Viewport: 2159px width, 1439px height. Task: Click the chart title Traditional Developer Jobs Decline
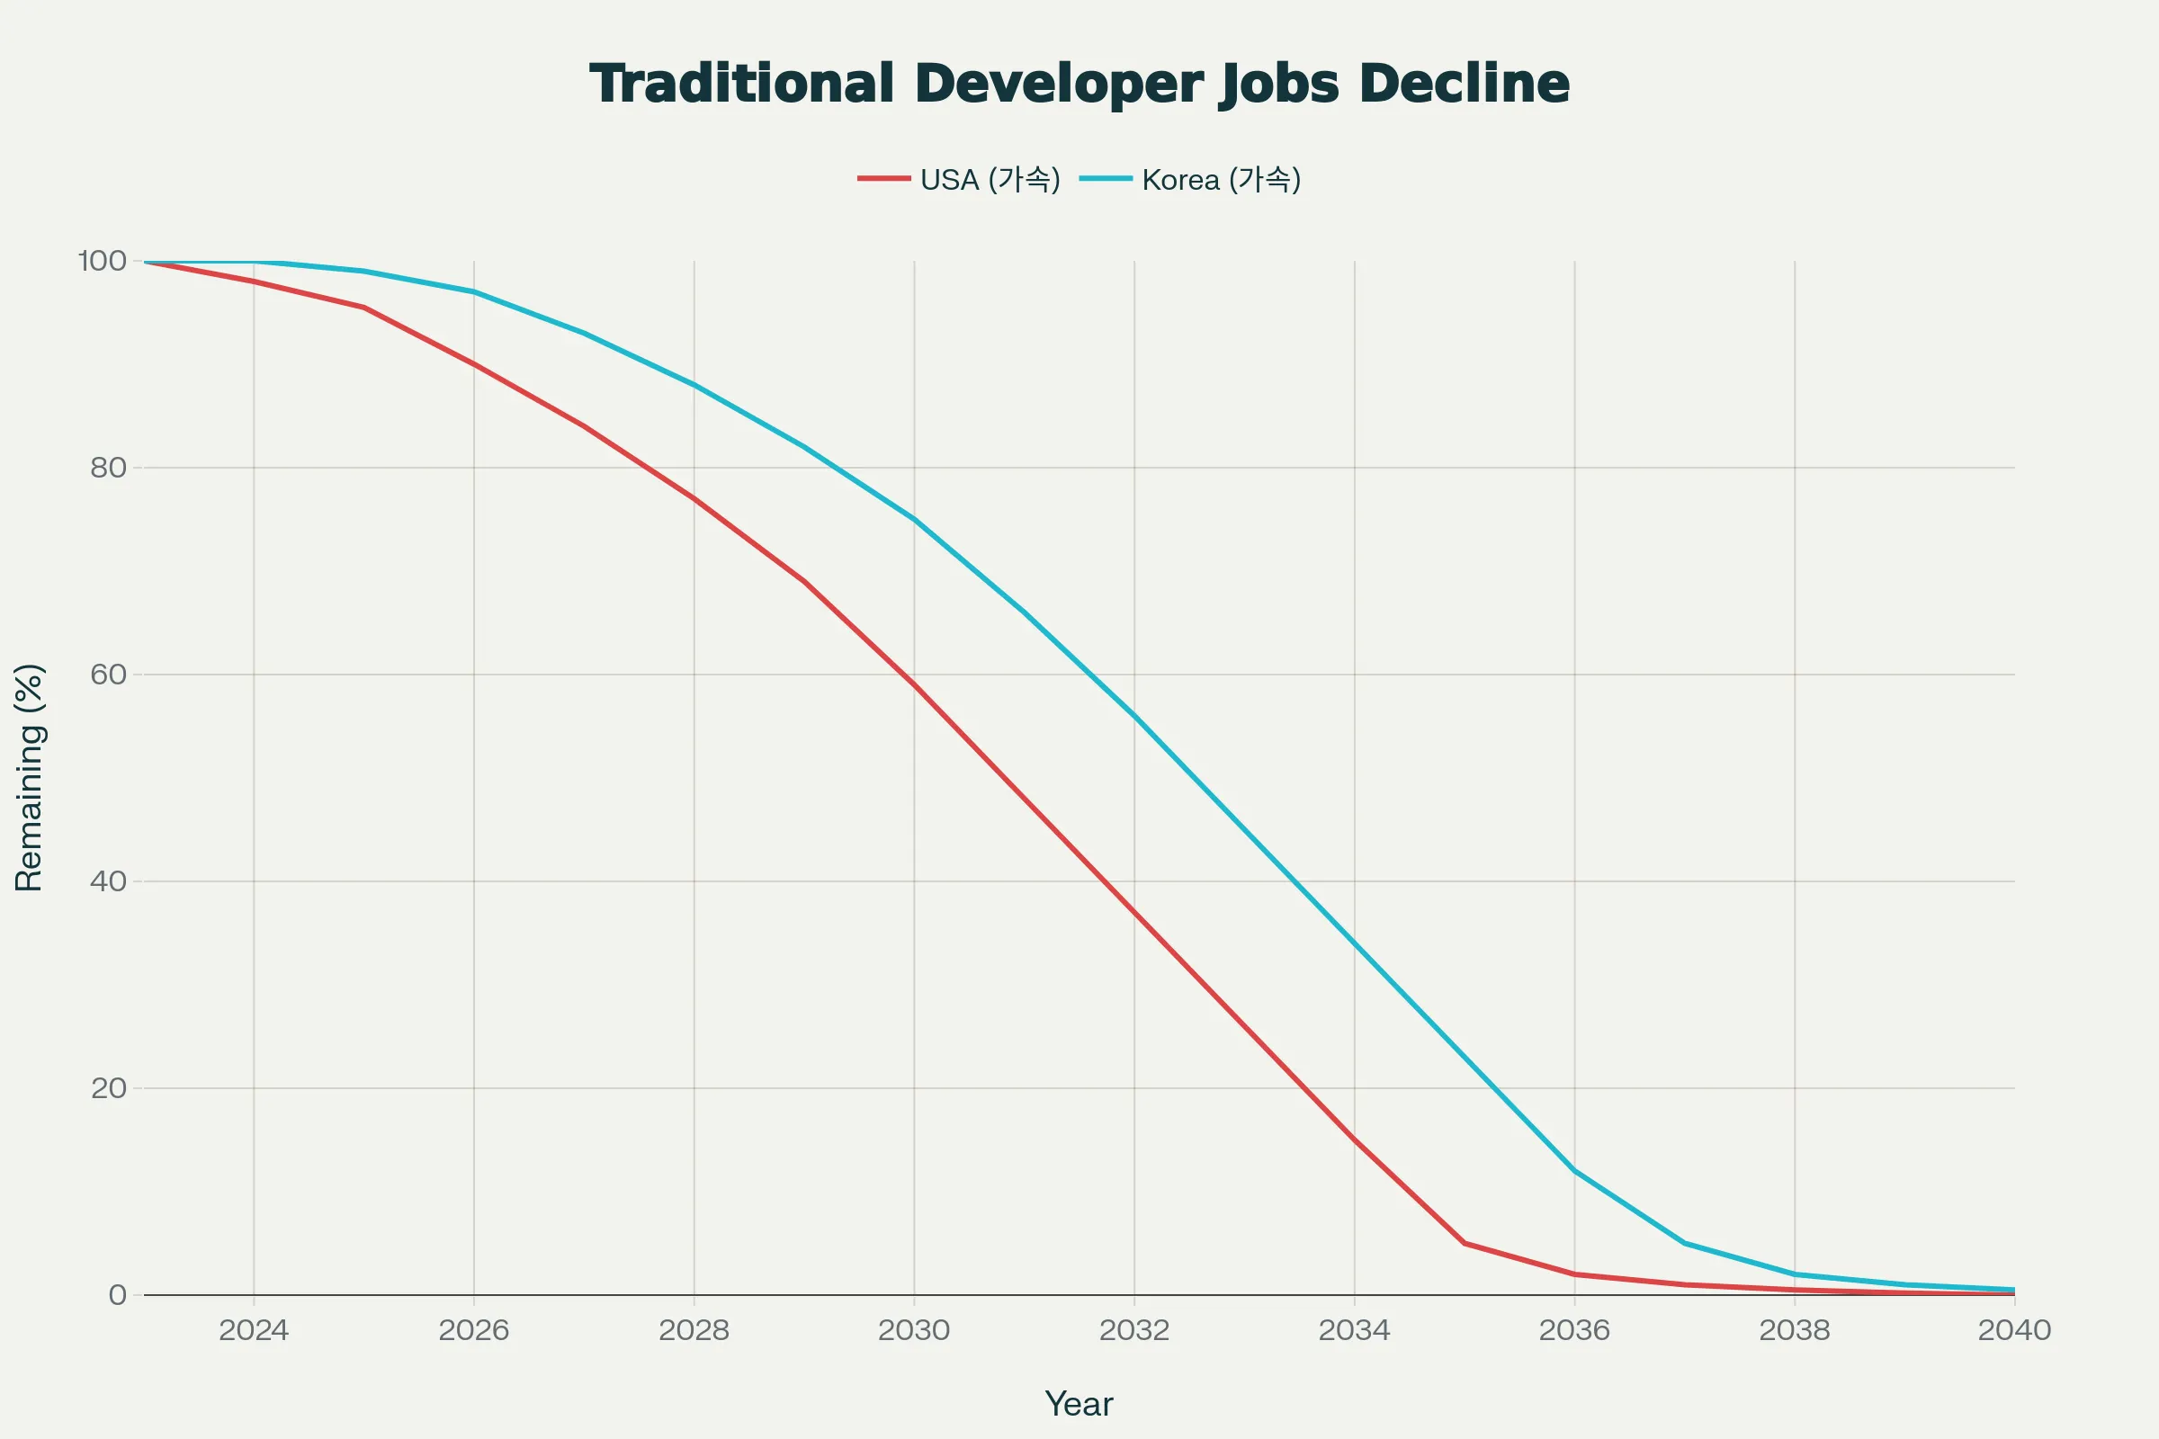[x=1079, y=84]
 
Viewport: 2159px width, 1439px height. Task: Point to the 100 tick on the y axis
[x=102, y=262]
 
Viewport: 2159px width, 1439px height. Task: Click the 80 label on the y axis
[x=108, y=468]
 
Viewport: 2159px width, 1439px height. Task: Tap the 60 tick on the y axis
[x=108, y=675]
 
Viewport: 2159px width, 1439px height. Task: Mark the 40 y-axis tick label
[x=108, y=882]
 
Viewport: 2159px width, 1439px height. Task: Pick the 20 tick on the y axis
[x=108, y=1088]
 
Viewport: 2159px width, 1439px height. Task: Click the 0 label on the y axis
[x=118, y=1295]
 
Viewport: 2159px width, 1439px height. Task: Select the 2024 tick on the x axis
[x=254, y=1330]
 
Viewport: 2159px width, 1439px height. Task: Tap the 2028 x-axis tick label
[x=694, y=1330]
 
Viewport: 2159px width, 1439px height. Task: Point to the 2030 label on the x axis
[x=914, y=1330]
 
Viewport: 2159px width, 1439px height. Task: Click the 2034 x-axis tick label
[x=1354, y=1330]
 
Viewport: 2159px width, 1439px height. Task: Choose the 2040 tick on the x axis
[x=2014, y=1330]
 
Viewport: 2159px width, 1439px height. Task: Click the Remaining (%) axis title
[x=30, y=777]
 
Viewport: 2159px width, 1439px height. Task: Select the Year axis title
[x=1079, y=1404]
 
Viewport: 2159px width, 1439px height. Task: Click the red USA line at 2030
[x=914, y=684]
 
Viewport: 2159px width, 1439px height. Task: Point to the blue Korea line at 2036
[x=1574, y=1171]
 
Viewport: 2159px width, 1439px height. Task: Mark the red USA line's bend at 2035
[x=1465, y=1244]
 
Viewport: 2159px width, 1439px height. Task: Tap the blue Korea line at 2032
[x=1134, y=716]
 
